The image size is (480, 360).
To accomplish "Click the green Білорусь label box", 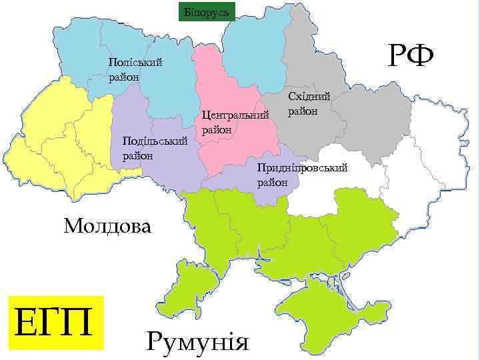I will (206, 12).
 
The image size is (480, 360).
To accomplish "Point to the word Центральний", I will (235, 116).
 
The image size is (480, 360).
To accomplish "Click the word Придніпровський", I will (302, 168).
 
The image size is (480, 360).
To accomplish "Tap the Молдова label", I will (107, 225).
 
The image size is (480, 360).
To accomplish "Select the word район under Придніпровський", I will (273, 181).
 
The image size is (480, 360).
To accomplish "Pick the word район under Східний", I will (303, 111).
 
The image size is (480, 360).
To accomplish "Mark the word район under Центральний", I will (216, 129).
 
